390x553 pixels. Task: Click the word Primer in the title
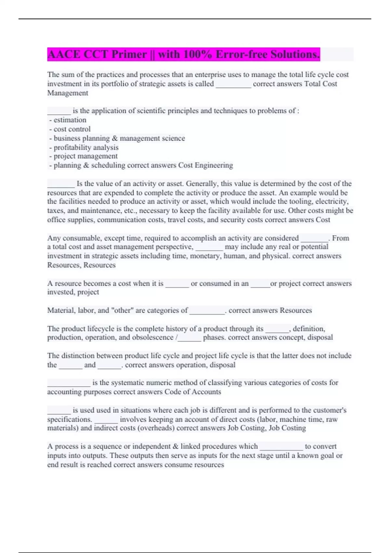[129, 54]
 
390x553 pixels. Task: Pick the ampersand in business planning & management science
[115, 138]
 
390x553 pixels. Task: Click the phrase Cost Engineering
[205, 165]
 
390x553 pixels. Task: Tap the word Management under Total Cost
[68, 93]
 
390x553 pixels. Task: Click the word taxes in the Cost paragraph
[56, 210]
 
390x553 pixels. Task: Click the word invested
[60, 292]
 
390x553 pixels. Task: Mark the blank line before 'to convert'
[281, 447]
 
